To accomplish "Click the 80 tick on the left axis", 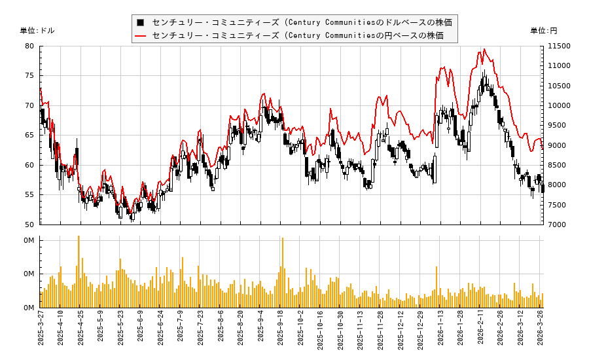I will [30, 46].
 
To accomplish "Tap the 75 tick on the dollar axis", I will [30, 76].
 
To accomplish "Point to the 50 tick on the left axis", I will [30, 225].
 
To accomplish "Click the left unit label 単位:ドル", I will [37, 31].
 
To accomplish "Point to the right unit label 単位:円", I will [544, 31].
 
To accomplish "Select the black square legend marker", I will [140, 22].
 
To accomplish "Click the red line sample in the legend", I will [140, 35].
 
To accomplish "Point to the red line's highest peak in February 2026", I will [484, 49].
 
